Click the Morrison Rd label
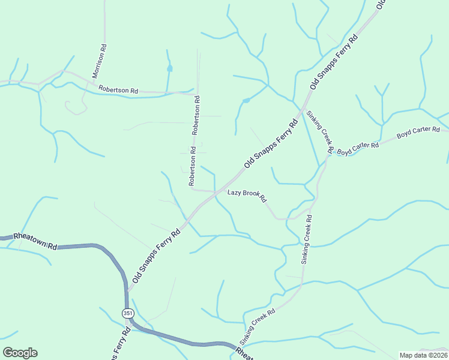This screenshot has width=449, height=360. point(100,61)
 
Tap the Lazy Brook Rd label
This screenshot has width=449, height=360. point(247,196)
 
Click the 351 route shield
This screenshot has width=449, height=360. point(127,313)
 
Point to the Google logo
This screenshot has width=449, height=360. point(20,353)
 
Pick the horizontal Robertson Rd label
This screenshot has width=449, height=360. point(118,89)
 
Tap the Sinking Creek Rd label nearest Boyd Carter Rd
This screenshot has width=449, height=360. point(319,130)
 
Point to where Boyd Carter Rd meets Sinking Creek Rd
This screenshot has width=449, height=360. point(330,153)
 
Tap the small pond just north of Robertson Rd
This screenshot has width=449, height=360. point(170,68)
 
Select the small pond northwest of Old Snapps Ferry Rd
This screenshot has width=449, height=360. point(246,100)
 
